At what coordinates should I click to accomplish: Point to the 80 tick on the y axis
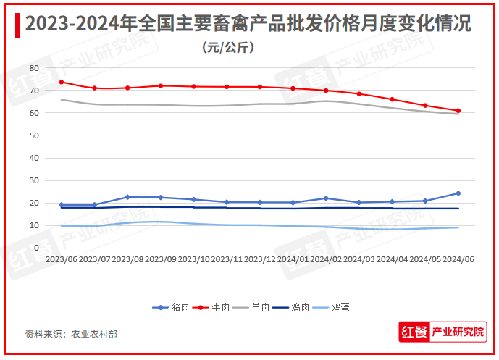[x=33, y=68]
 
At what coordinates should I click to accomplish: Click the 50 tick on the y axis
[x=33, y=135]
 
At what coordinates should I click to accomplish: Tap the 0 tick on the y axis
[x=35, y=248]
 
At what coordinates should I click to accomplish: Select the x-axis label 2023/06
[x=61, y=259]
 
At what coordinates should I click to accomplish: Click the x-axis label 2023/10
[x=193, y=259]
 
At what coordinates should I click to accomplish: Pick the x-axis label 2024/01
[x=293, y=259]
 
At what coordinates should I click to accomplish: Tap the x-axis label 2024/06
[x=458, y=259]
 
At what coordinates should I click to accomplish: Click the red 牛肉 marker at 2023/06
[x=62, y=82]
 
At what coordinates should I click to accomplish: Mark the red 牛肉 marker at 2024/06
[x=458, y=111]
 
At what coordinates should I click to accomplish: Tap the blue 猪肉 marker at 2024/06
[x=458, y=193]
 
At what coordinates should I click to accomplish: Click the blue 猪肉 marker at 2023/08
[x=127, y=197]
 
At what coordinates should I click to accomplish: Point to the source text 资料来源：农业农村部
[x=71, y=334]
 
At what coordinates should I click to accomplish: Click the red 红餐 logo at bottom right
[x=414, y=332]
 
